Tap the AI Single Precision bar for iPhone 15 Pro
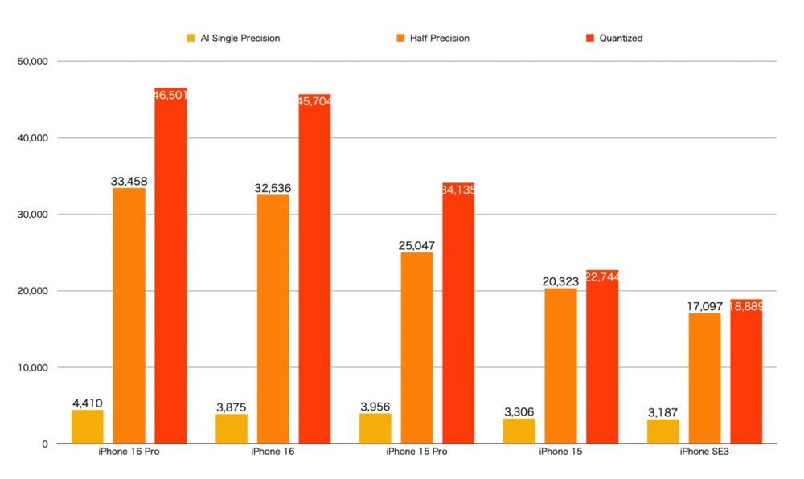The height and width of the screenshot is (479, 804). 375,428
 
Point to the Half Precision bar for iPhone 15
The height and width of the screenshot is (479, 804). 560,366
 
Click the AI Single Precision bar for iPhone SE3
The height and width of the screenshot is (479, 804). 663,431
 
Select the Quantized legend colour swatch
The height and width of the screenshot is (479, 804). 589,38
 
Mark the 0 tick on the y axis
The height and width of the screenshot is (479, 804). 45,444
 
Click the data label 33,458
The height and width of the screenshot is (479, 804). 129,182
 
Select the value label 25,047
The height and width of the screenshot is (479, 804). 416,246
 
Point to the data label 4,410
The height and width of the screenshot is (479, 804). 87,403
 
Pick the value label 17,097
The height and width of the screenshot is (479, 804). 705,307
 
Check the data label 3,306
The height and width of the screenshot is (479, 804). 519,412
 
